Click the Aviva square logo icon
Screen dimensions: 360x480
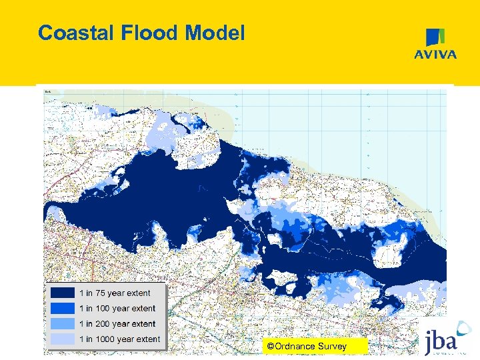(x=436, y=37)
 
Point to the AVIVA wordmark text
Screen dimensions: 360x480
(x=436, y=55)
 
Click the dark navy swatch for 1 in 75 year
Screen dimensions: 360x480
(x=62, y=293)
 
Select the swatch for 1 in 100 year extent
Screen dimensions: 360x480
(x=62, y=308)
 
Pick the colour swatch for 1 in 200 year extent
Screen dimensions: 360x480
(x=62, y=323)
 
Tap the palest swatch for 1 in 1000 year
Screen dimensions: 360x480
(x=62, y=339)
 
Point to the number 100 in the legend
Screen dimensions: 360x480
(x=101, y=308)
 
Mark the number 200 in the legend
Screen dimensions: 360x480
(x=101, y=323)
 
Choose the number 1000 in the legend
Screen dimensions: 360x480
(x=103, y=339)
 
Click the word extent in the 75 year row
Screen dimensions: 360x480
(x=138, y=293)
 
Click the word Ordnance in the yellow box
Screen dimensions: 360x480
(x=296, y=346)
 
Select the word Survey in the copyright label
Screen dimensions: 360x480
(x=333, y=346)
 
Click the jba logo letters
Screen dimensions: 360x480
(x=441, y=342)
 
